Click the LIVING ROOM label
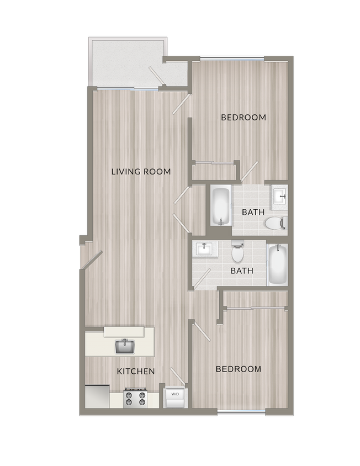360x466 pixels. pyautogui.click(x=141, y=172)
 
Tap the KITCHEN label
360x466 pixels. pyautogui.click(x=136, y=371)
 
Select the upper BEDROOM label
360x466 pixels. pyautogui.click(x=243, y=118)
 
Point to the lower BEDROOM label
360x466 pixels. pyautogui.click(x=239, y=369)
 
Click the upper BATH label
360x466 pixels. pyautogui.click(x=253, y=212)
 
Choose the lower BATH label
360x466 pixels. pyautogui.click(x=242, y=271)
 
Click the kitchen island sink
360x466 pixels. pyautogui.click(x=125, y=346)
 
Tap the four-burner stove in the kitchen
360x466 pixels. pyautogui.click(x=136, y=398)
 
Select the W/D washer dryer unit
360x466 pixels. pyautogui.click(x=175, y=397)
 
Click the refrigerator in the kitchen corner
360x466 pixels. pyautogui.click(x=97, y=396)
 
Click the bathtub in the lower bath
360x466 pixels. pyautogui.click(x=277, y=264)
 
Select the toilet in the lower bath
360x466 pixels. pyautogui.click(x=237, y=252)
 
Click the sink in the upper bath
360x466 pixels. pyautogui.click(x=279, y=195)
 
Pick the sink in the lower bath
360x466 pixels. pyautogui.click(x=205, y=249)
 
